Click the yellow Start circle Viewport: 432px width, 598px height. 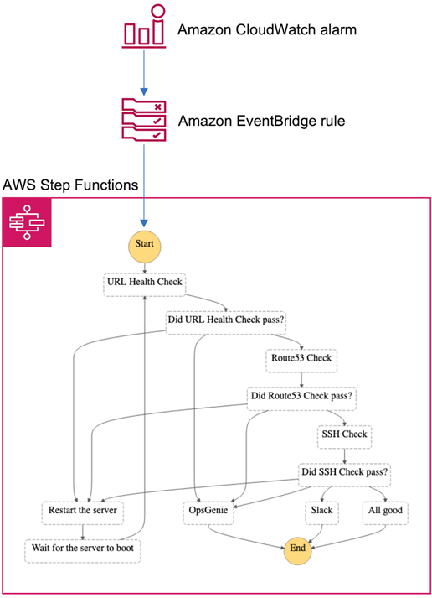[x=144, y=247]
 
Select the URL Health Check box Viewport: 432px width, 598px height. [x=145, y=284]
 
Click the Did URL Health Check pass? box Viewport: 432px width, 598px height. [x=226, y=323]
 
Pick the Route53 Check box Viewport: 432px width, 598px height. [x=301, y=361]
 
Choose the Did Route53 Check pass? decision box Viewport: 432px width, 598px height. [x=301, y=398]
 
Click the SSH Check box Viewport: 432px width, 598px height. [x=344, y=437]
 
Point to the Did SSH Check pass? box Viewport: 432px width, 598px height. [x=344, y=475]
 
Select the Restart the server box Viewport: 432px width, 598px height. [x=83, y=513]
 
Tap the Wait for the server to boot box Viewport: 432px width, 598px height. [x=83, y=551]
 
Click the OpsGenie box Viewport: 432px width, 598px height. [x=208, y=513]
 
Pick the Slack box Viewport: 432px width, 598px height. [x=322, y=513]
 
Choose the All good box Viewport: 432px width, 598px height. [x=385, y=513]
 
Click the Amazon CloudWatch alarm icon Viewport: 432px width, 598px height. [x=144, y=26]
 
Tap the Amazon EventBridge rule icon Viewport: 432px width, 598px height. [x=144, y=120]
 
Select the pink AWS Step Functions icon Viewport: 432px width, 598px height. [x=27, y=222]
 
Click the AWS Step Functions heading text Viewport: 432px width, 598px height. [x=70, y=185]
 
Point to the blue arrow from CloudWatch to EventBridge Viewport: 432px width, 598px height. [x=144, y=72]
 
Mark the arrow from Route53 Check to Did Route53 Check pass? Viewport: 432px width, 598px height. [x=301, y=380]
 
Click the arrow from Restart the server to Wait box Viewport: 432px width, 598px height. [x=83, y=533]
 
